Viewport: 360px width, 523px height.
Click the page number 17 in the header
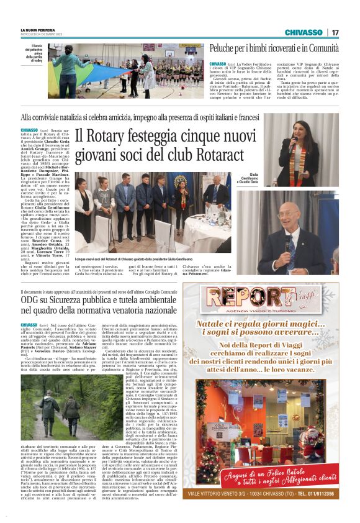(x=336, y=32)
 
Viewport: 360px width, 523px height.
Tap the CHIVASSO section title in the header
(x=304, y=32)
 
